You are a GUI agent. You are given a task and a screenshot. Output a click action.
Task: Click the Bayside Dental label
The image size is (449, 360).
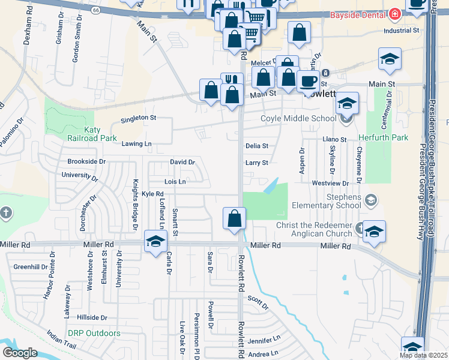pos(357,14)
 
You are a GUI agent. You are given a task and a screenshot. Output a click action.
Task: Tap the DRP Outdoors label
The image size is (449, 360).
pos(94,333)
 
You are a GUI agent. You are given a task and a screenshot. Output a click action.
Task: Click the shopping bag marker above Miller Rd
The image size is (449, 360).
pos(235,218)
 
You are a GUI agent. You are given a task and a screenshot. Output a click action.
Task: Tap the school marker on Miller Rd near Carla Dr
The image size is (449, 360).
pos(155,242)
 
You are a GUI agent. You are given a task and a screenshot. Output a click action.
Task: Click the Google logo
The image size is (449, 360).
pos(19,353)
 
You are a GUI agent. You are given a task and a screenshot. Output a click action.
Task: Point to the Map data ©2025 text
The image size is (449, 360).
pos(423,355)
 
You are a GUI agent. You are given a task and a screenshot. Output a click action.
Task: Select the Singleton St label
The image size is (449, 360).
pos(138,118)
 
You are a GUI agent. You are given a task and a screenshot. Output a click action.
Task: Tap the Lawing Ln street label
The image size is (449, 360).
pos(136,144)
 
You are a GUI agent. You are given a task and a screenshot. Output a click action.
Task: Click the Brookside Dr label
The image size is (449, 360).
pos(86,161)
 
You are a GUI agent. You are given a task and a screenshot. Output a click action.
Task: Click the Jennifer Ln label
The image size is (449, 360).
pos(264,340)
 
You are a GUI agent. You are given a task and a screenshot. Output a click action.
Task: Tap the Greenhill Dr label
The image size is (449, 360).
pos(31,266)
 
